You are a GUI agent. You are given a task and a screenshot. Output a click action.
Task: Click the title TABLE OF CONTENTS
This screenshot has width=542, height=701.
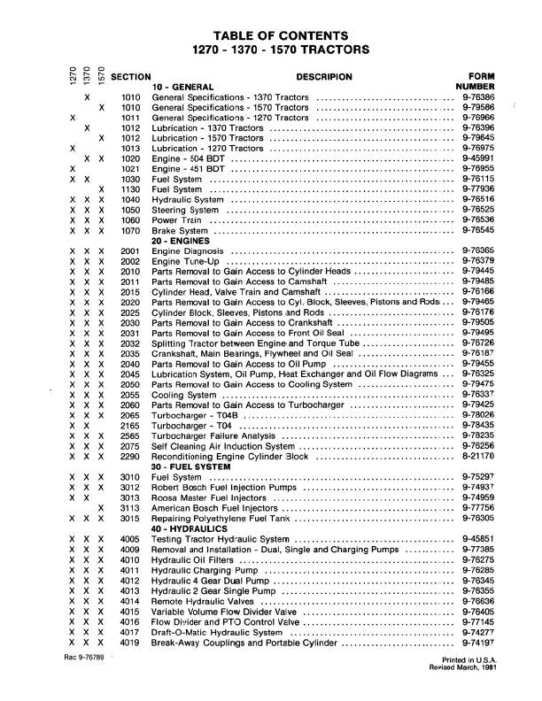(272, 34)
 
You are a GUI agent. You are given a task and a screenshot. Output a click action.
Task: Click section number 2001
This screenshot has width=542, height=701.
(130, 252)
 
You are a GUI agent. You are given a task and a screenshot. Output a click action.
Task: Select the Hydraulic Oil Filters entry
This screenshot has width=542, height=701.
(195, 559)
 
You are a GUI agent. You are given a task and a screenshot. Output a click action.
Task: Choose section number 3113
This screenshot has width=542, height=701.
(130, 508)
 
